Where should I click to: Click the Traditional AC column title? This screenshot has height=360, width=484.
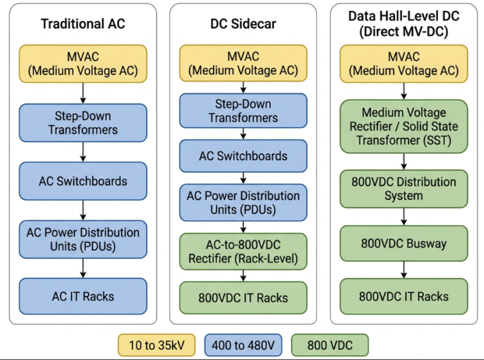click(83, 24)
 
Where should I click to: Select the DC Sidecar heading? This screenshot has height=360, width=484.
click(243, 24)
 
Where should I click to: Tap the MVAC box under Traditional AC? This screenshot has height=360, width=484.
click(83, 64)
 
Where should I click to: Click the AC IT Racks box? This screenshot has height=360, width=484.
click(83, 296)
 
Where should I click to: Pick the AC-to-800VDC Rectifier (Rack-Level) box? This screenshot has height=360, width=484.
click(243, 251)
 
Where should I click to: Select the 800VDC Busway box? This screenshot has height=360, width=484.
click(404, 243)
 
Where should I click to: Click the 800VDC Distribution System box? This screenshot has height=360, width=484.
click(404, 189)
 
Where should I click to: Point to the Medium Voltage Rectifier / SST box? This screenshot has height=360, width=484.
click(404, 126)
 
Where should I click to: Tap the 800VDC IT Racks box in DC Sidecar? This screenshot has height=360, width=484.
click(243, 298)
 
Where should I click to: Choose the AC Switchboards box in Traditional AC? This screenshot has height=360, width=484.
click(83, 181)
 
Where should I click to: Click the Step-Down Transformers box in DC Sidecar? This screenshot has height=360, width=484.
click(243, 111)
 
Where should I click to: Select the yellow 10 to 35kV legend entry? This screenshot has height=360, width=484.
click(157, 345)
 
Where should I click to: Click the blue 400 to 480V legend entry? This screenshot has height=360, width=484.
click(243, 345)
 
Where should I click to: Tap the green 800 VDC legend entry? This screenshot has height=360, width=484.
click(330, 345)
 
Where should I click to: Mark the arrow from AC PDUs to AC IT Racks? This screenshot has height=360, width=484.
click(83, 268)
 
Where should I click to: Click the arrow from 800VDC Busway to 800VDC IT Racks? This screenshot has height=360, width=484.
click(404, 270)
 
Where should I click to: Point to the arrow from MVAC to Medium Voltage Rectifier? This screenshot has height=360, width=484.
click(404, 91)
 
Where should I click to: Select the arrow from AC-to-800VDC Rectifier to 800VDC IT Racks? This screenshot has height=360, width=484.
click(243, 276)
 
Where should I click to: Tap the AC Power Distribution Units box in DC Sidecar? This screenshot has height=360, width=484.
click(243, 203)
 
